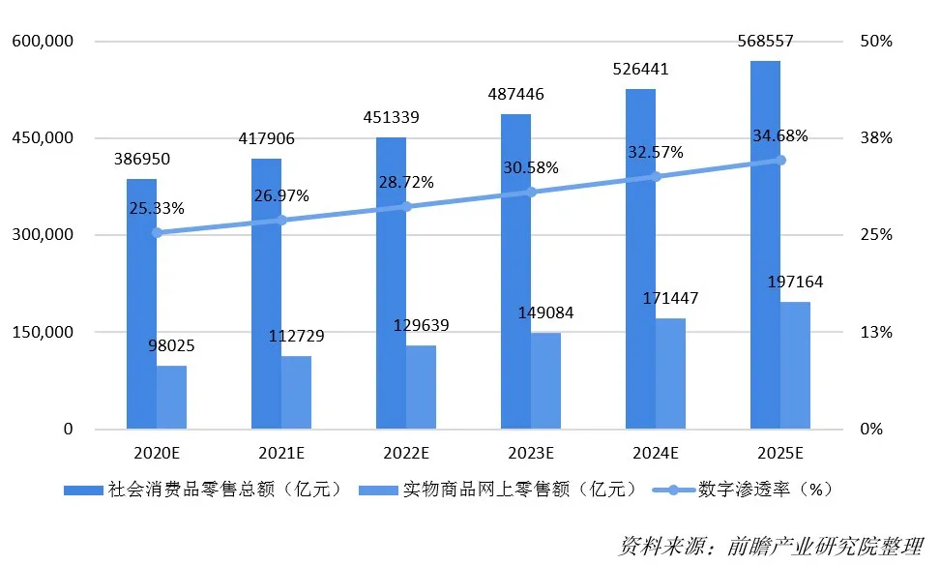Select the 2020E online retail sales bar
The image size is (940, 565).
(x=171, y=397)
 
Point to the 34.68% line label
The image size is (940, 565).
(x=779, y=134)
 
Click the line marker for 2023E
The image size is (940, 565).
(x=531, y=192)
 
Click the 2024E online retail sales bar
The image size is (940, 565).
(x=670, y=373)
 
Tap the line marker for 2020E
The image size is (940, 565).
(x=157, y=232)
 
